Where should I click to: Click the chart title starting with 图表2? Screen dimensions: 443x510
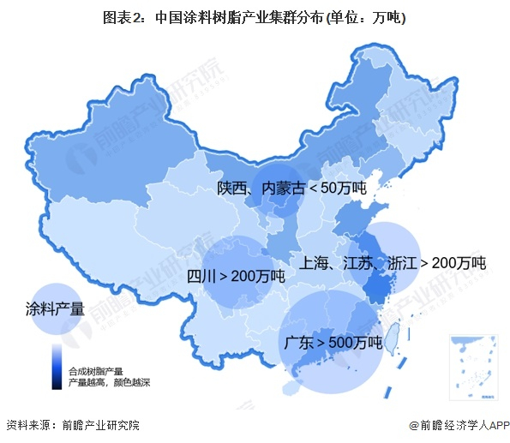coord(254,17)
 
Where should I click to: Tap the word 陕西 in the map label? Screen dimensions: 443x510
coord(233,189)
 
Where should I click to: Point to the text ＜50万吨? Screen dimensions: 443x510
coord(337,189)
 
